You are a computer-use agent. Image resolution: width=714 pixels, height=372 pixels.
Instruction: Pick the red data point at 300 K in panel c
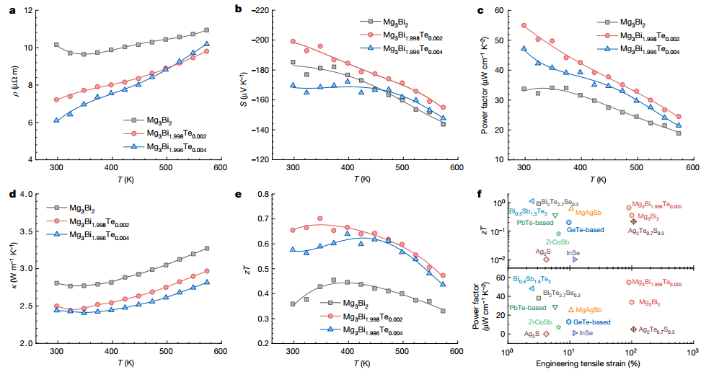pos(524,26)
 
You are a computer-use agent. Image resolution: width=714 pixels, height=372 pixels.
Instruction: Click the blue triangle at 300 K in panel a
pos(56,120)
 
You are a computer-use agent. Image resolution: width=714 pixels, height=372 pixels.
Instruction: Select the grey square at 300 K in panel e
pos(293,304)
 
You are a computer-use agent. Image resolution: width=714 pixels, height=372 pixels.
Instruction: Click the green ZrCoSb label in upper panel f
pos(557,242)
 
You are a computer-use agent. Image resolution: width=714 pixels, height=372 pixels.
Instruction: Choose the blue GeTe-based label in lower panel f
pos(593,322)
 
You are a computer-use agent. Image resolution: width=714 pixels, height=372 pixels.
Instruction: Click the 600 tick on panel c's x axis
pos(692,168)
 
